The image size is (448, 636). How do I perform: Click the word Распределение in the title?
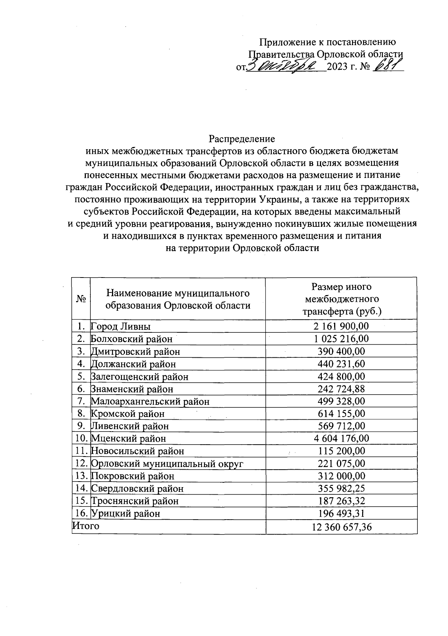click(242, 139)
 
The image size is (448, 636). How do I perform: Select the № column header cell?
click(81, 299)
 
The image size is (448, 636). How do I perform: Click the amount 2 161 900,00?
click(341, 326)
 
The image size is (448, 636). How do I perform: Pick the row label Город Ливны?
click(121, 327)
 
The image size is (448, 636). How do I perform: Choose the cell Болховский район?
click(132, 339)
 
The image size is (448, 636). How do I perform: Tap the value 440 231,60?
click(341, 364)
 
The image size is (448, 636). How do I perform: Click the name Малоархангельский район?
click(150, 401)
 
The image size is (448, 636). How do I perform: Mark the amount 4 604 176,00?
click(341, 439)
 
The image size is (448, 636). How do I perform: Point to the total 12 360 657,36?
click(341, 527)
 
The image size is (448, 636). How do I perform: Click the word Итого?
click(86, 526)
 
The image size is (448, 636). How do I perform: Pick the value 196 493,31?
click(341, 514)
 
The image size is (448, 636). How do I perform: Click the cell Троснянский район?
click(135, 501)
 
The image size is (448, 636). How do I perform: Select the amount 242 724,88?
click(341, 389)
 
